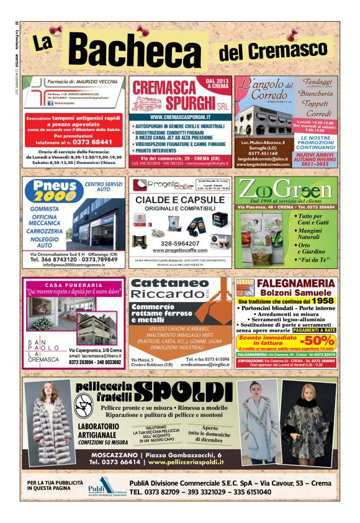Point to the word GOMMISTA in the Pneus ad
48,209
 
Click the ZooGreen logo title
286,189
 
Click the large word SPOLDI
187,391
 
